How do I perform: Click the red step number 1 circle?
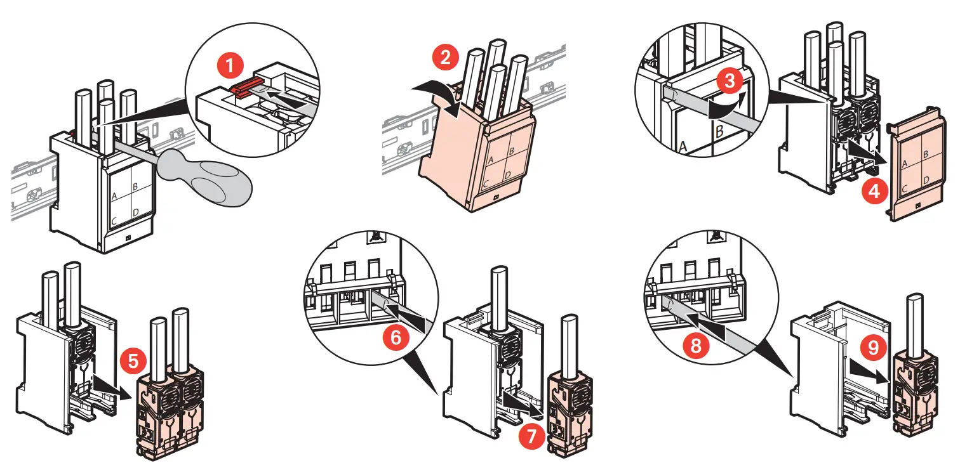(x=230, y=65)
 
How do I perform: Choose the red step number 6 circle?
(x=396, y=337)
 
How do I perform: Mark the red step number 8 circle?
(x=697, y=346)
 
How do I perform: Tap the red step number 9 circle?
(x=874, y=347)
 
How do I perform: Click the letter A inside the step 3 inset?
(x=684, y=145)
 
